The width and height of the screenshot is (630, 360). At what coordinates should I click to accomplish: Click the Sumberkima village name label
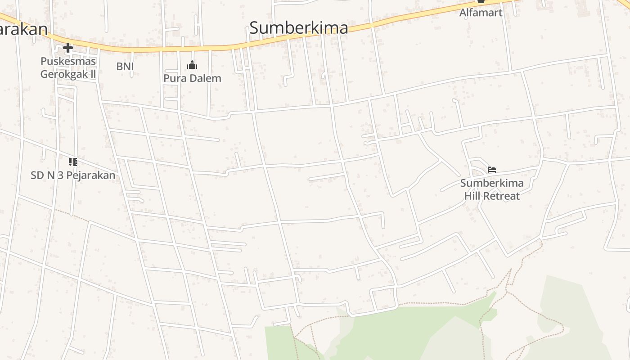coord(298,28)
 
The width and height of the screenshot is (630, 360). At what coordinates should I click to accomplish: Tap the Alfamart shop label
coord(481,13)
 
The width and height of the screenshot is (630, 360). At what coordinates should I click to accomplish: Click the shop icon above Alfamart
coord(481,2)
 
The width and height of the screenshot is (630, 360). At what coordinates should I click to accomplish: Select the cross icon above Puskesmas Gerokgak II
coord(68,47)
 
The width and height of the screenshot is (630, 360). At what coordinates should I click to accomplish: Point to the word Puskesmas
coord(68,61)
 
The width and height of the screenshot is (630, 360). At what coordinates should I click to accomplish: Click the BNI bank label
coord(125,66)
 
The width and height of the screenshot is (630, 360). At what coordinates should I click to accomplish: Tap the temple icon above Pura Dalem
coord(192,65)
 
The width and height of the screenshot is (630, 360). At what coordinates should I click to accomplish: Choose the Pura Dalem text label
coord(192,78)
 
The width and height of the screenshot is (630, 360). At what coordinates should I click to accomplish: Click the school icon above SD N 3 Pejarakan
coord(73,162)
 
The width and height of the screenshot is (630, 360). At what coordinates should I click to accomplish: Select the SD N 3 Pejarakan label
coord(73,175)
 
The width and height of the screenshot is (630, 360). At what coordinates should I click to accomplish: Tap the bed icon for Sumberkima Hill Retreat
coord(492,170)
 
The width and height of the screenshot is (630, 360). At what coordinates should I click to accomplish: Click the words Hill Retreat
coord(492,196)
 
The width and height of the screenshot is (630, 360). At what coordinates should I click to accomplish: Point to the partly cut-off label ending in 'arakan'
coord(22,29)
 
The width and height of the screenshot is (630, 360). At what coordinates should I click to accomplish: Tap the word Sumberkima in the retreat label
coord(492,183)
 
